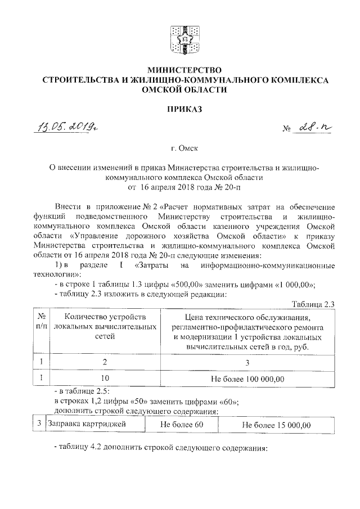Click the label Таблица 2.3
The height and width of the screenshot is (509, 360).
click(314, 304)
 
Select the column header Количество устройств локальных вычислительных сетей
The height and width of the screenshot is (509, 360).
click(106, 327)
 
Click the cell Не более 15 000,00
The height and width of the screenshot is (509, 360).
click(276, 425)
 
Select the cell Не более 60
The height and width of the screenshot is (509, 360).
click(181, 425)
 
